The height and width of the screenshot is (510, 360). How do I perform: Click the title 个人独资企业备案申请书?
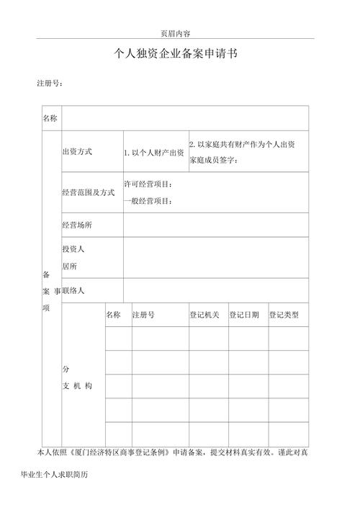pyautogui.click(x=176, y=55)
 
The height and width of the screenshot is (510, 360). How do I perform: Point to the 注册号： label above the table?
pyautogui.click(x=50, y=84)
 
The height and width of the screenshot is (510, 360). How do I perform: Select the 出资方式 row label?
pyautogui.click(x=78, y=152)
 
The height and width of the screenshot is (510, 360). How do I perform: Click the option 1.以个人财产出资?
pyautogui.click(x=154, y=153)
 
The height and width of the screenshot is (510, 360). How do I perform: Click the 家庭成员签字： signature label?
pyautogui.click(x=213, y=160)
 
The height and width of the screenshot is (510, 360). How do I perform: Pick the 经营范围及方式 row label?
pyautogui.click(x=89, y=192)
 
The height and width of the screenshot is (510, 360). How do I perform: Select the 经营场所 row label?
pyautogui.click(x=78, y=225)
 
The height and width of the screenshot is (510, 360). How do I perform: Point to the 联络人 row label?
pyautogui.click(x=74, y=290)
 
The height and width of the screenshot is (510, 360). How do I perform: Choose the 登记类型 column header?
pyautogui.click(x=288, y=315)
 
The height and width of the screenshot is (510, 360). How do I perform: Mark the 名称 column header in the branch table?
pyautogui.click(x=113, y=315)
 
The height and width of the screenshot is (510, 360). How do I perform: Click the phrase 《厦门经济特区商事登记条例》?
pyautogui.click(x=120, y=452)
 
